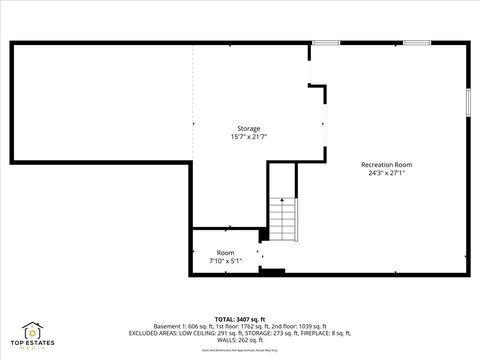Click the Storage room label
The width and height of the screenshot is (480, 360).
tap(248, 129)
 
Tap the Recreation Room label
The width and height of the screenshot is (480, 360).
tap(386, 164)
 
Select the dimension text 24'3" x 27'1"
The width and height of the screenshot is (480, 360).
tap(386, 172)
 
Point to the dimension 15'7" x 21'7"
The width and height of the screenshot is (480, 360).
tap(248, 137)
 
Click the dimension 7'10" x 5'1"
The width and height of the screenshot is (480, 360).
tap(226, 260)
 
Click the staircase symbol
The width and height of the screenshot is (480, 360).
tap(284, 217)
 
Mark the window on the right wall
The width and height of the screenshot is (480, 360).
tap(467, 102)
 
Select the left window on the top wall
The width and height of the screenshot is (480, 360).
tap(326, 42)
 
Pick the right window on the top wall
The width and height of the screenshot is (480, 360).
tap(417, 42)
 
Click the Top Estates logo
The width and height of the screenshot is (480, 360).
tap(32, 334)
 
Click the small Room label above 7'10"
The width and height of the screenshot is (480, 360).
tap(226, 253)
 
